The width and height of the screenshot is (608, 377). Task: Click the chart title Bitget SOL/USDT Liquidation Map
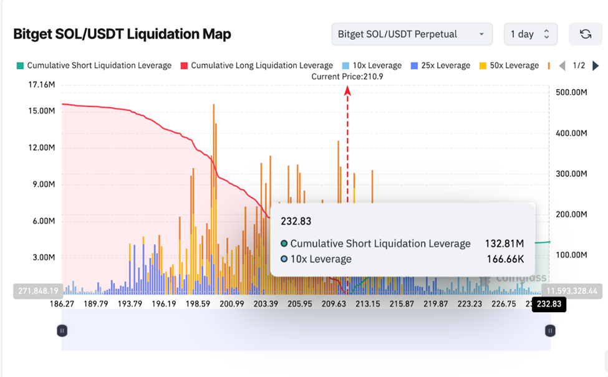pos(122,34)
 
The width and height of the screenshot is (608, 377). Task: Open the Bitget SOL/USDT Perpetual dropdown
pos(412,34)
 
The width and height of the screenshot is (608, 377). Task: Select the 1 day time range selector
pos(530,34)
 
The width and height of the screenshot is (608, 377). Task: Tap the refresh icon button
pos(586,34)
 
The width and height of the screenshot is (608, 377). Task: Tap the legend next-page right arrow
pos(596,65)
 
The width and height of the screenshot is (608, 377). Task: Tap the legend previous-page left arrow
pos(562,65)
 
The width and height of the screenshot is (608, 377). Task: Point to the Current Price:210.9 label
pos(347,76)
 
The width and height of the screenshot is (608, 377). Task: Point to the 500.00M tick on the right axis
pos(571,92)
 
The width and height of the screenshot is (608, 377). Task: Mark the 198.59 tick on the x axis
pos(198,304)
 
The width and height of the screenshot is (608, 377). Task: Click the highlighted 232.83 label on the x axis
pos(549,305)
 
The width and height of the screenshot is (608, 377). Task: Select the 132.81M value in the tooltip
pos(504,243)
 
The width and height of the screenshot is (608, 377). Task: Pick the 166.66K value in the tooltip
pos(505,259)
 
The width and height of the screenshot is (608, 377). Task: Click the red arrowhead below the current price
pos(347,91)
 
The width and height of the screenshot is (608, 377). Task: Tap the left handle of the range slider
pos(62,330)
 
